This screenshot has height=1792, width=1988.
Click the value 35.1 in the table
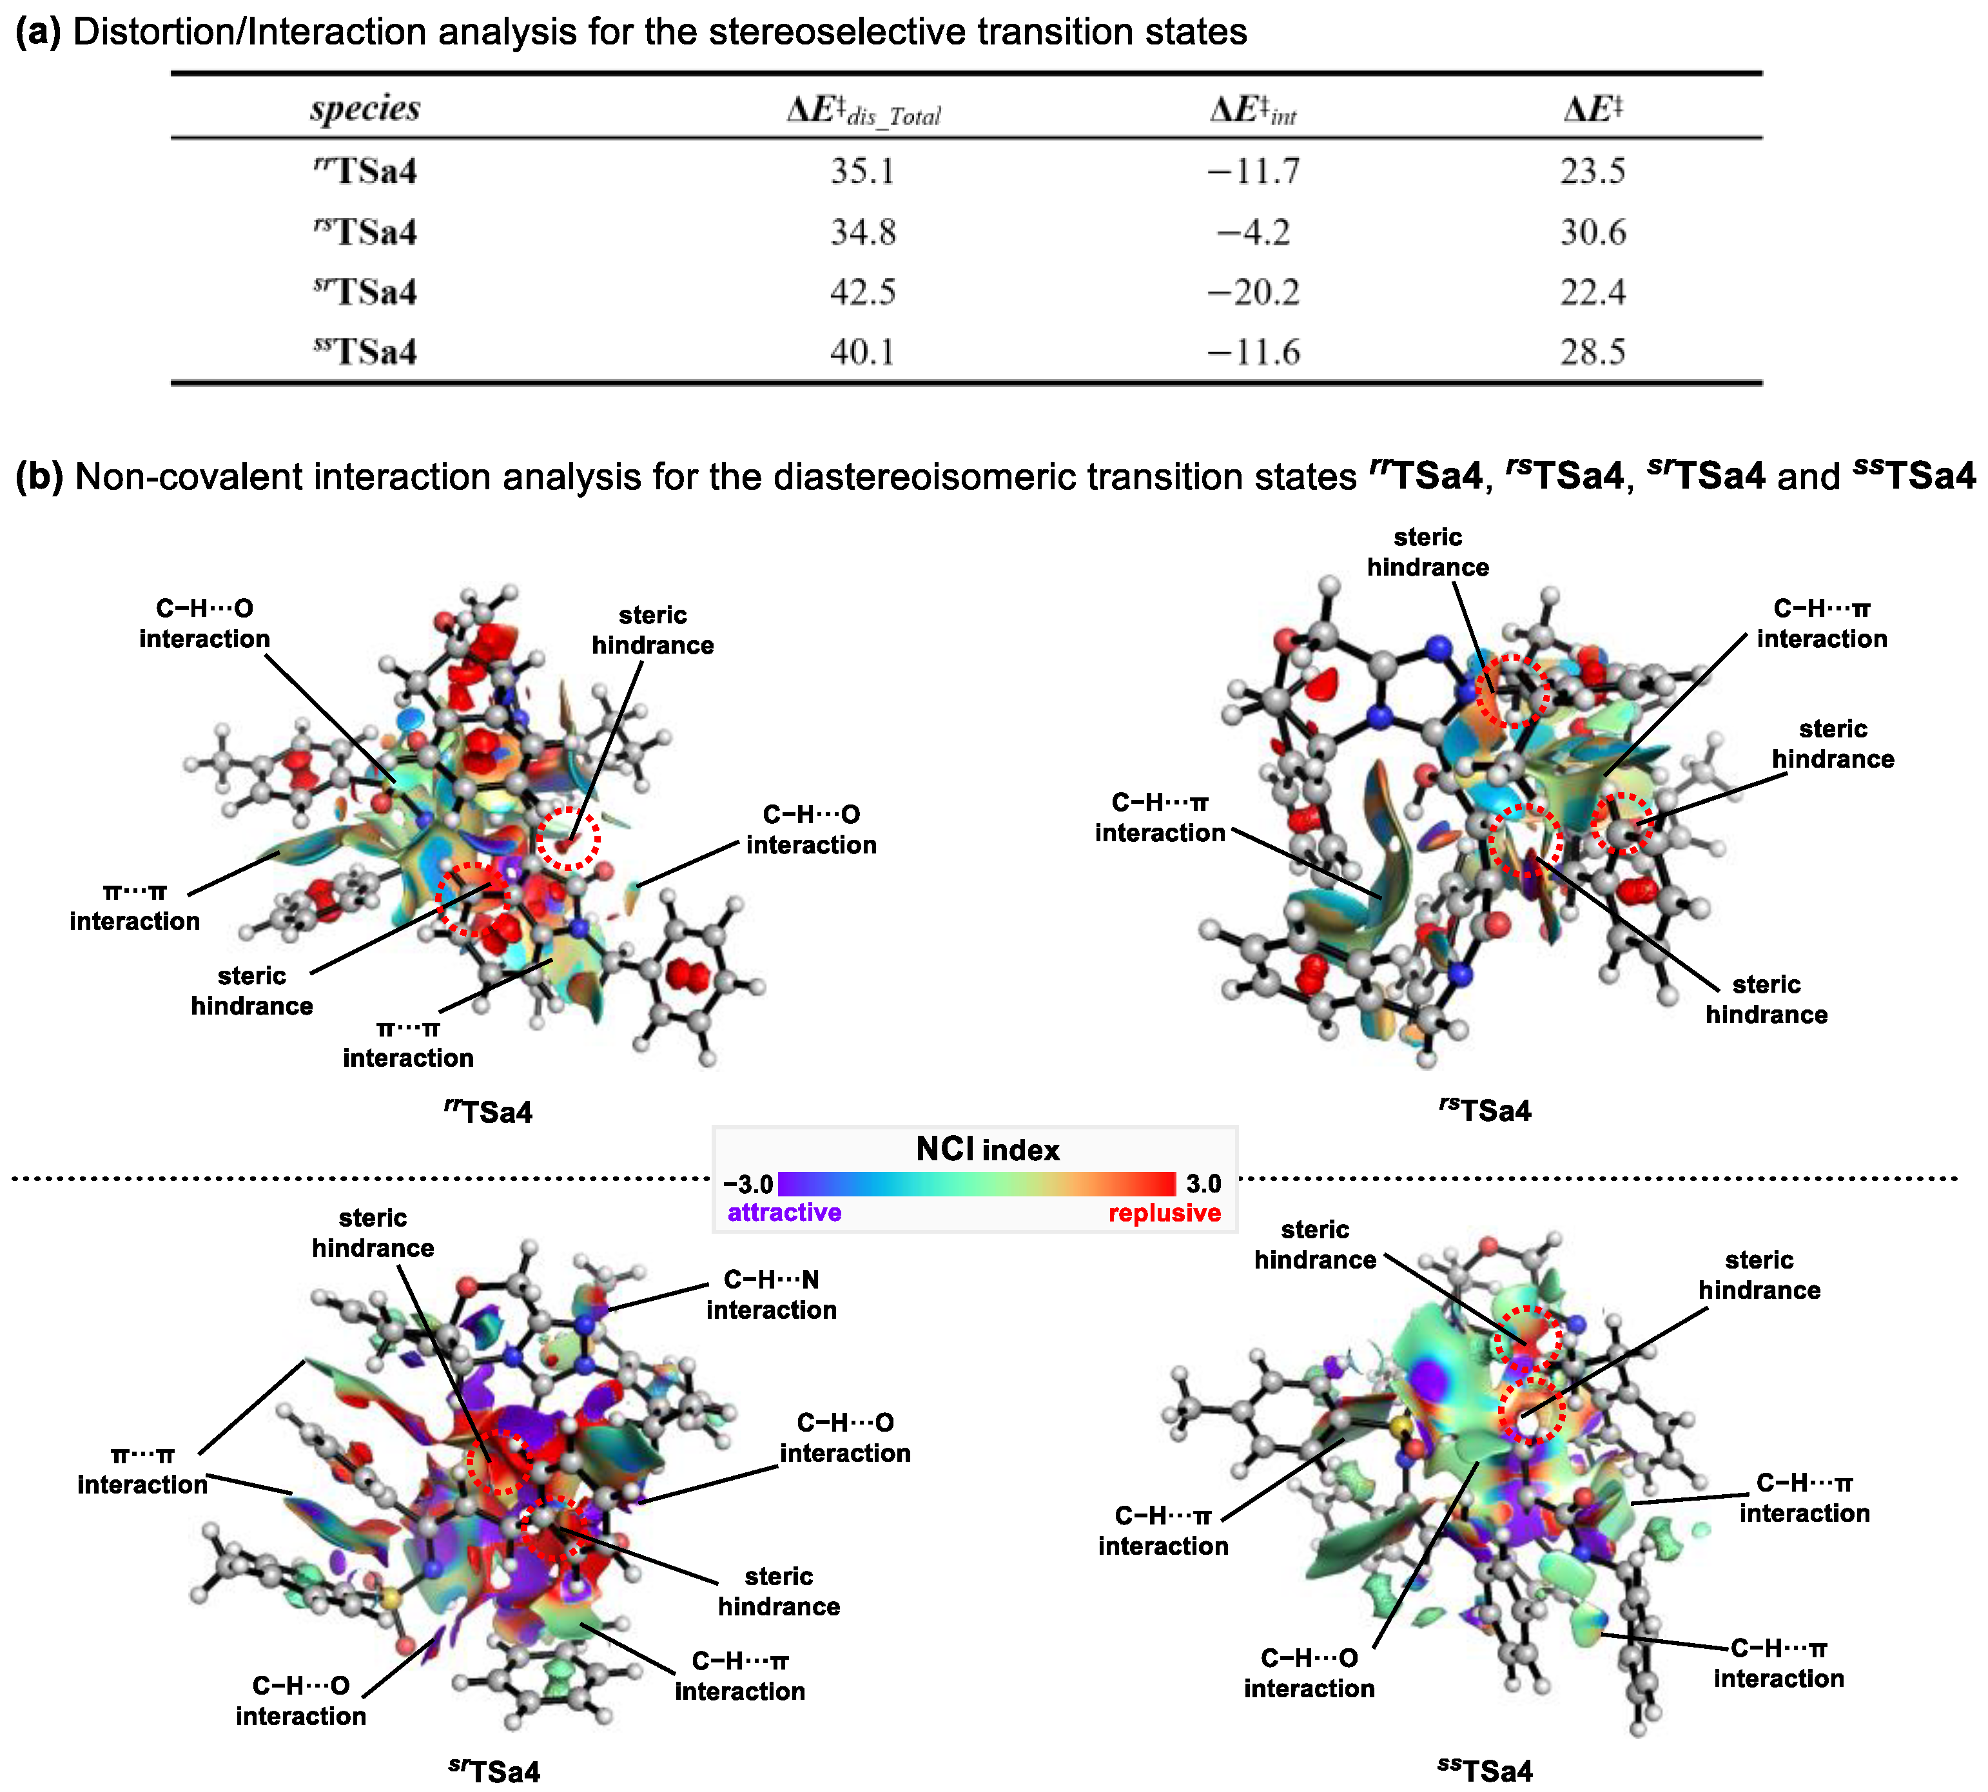862,171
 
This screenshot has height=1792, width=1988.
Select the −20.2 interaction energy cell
1253,293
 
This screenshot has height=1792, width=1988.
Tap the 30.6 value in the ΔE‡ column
1592,232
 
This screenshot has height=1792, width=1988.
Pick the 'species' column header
365,108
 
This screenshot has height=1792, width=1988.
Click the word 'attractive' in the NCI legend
784,1213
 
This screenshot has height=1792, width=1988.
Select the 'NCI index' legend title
988,1149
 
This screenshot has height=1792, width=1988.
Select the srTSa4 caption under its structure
494,1770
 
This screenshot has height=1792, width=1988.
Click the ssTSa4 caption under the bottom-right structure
1485,1769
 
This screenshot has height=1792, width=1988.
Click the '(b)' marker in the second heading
39,476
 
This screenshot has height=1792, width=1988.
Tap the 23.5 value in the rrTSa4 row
1592,171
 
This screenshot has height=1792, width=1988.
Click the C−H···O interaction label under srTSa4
300,1700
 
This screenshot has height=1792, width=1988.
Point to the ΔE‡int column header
1252,110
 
